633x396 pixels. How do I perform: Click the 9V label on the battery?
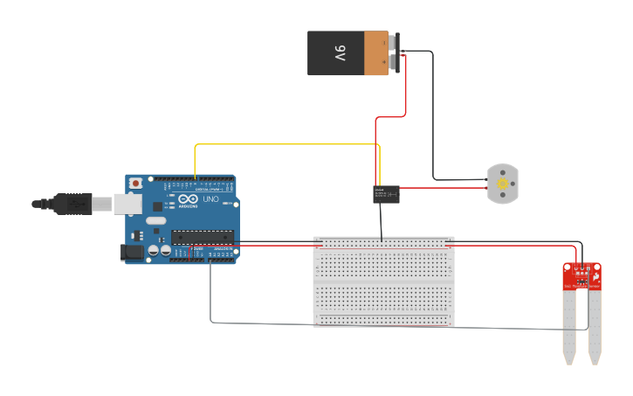click(x=340, y=53)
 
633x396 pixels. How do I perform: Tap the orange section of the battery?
click(x=376, y=53)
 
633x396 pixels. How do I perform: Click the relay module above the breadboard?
click(x=387, y=194)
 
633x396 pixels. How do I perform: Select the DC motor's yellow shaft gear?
click(x=502, y=184)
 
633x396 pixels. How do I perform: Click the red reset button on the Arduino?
click(x=136, y=184)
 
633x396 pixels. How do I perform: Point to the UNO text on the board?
click(x=210, y=199)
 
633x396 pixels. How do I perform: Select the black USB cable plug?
click(x=74, y=204)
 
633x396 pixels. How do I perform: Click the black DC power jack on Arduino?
click(x=132, y=252)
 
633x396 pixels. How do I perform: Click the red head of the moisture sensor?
click(x=581, y=275)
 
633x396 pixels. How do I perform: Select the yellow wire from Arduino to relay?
click(x=288, y=144)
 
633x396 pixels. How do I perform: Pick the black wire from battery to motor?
click(x=434, y=114)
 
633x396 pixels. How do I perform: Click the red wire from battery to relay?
click(x=406, y=92)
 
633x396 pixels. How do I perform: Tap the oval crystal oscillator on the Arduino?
click(x=155, y=220)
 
